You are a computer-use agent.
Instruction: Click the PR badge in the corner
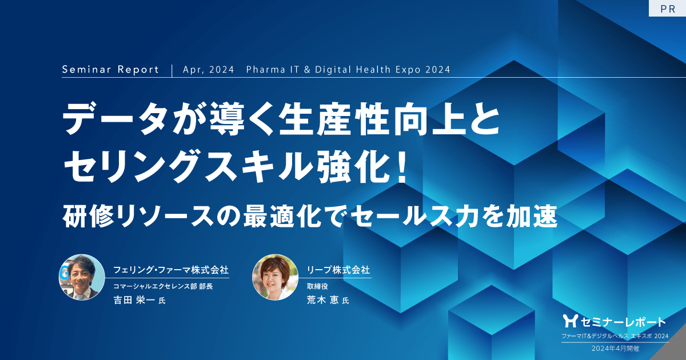pos(667,9)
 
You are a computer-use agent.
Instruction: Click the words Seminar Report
pos(110,70)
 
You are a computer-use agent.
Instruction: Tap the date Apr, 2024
pos(209,70)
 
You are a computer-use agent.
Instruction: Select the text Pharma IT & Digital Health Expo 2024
pos(348,70)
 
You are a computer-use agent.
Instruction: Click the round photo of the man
pos(82,277)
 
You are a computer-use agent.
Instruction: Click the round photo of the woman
pos(275,277)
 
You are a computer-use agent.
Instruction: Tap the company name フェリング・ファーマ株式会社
pos(171,269)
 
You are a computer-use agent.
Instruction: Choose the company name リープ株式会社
pos(338,269)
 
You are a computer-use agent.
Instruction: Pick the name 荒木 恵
pos(324,301)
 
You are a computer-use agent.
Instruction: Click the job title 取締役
pos(318,286)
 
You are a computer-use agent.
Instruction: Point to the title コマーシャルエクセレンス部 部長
pos(163,286)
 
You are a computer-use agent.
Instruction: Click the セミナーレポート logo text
pos(621,321)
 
